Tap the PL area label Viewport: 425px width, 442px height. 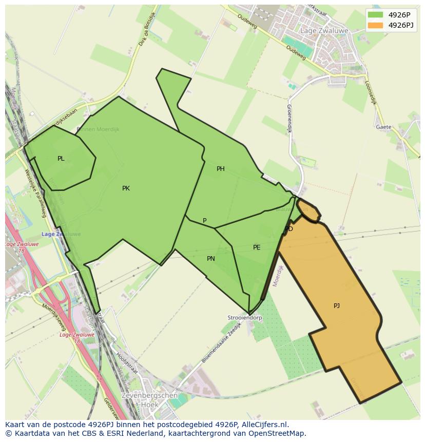click(61, 159)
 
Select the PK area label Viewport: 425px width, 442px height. click(126, 188)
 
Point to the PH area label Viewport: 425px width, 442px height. click(221, 169)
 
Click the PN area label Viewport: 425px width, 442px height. click(211, 259)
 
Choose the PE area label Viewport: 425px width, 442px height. click(257, 247)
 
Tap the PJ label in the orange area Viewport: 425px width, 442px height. click(337, 306)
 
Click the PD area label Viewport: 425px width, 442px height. click(289, 229)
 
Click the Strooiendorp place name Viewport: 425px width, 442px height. click(245, 318)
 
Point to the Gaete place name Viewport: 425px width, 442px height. click(383, 127)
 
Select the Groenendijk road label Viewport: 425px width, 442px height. click(289, 119)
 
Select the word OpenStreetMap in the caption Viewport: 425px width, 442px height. click(277, 433)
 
